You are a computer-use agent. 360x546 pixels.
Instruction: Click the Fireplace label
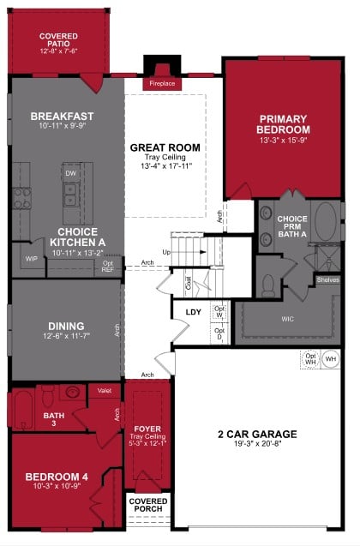[161, 84]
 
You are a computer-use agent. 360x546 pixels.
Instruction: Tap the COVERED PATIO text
[58, 40]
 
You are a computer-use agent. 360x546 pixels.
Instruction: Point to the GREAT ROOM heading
[165, 147]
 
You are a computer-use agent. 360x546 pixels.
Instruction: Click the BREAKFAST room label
[62, 116]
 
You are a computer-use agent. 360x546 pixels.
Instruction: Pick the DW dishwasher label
[71, 173]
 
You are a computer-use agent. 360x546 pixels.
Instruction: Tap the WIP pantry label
[31, 257]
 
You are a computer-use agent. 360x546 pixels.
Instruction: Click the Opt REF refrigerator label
[107, 266]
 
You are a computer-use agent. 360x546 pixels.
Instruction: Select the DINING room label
[66, 326]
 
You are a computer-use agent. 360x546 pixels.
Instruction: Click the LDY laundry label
[194, 311]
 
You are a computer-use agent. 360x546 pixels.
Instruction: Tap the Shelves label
[327, 279]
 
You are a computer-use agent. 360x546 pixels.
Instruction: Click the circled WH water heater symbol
[331, 358]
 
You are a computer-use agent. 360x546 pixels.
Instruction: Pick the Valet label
[105, 390]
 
